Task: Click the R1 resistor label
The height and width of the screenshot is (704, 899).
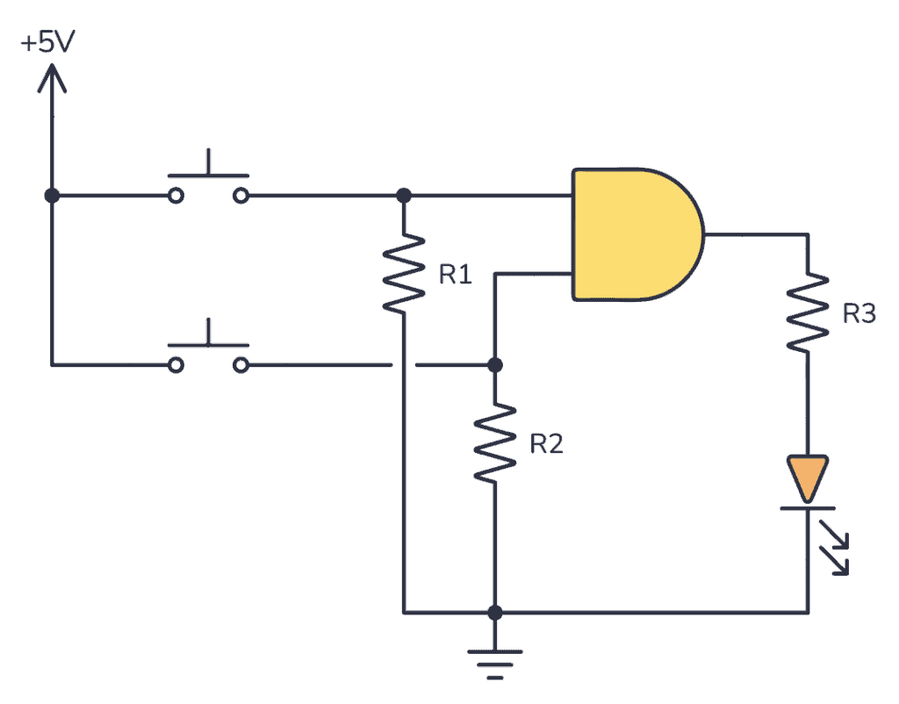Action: point(455,275)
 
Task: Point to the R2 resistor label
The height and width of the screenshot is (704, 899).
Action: point(546,444)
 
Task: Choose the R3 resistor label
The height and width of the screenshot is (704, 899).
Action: point(859,313)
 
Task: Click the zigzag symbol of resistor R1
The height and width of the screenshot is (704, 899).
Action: point(404,272)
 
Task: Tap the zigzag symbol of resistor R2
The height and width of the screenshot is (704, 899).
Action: point(495,442)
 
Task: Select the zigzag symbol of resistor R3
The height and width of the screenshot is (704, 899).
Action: point(808,312)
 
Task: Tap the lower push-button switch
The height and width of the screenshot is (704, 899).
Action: point(209,351)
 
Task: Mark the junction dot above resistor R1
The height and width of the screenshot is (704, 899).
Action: point(404,195)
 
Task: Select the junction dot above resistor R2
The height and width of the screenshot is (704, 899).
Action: point(495,364)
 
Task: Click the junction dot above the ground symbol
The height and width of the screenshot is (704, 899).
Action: point(495,612)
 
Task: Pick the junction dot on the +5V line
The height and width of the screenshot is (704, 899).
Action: point(52,195)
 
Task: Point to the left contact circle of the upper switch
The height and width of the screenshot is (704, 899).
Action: point(176,196)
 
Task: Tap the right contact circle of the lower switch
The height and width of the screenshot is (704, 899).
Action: point(241,364)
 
